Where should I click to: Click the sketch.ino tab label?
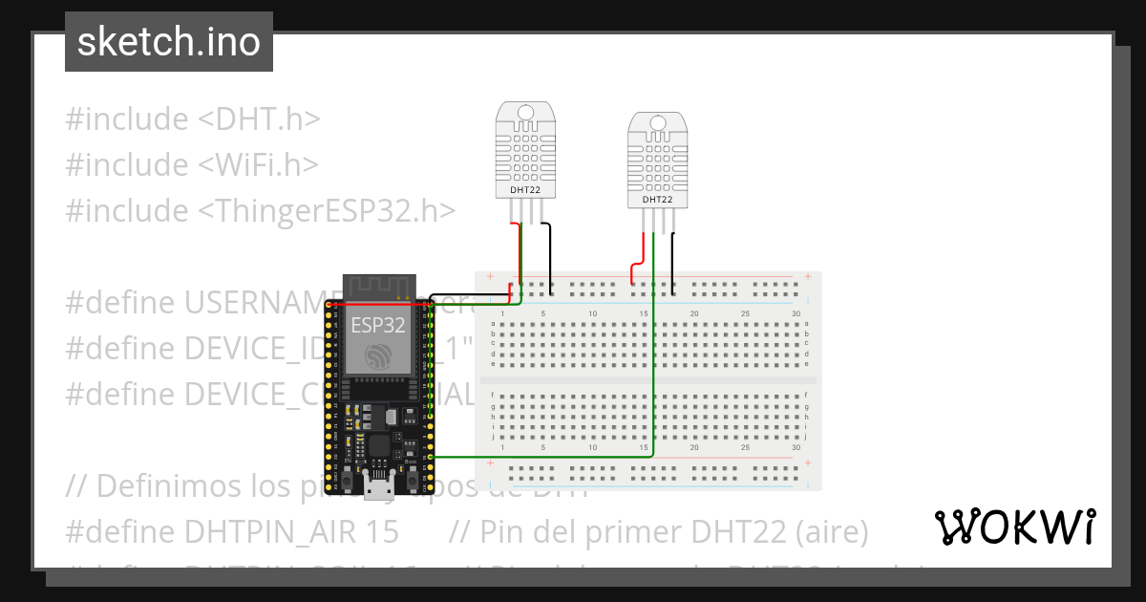[169, 42]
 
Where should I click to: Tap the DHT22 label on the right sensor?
[657, 200]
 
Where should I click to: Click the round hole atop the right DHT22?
[657, 122]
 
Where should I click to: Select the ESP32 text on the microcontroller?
[378, 325]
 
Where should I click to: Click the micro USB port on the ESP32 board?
[379, 486]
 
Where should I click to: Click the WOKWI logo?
[1014, 527]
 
